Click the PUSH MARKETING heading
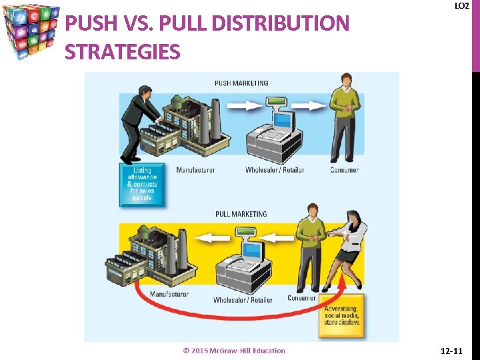tap(241, 83)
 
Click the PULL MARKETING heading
tap(241, 214)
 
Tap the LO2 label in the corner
tap(461, 5)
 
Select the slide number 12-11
tap(456, 351)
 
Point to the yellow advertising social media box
tap(341, 315)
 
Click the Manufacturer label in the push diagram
tap(195, 170)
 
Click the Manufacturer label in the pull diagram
tap(169, 294)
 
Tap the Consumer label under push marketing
tap(344, 170)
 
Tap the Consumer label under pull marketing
tap(301, 298)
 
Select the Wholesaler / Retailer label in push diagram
tap(275, 170)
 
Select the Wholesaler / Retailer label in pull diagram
tap(243, 300)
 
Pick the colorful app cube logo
tap(32, 31)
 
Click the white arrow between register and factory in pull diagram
tap(215, 237)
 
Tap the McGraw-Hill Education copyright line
tap(234, 351)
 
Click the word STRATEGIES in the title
tap(123, 51)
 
